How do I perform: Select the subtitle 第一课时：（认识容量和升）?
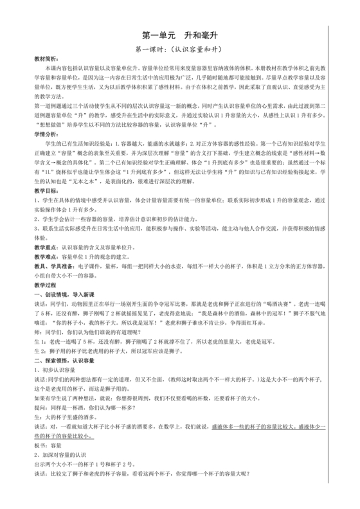[179, 49]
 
